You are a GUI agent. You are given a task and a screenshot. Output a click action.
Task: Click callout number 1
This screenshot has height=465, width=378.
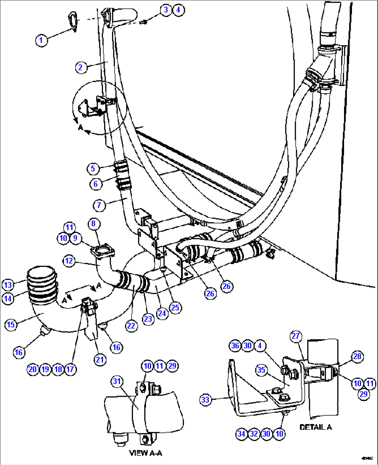(x=41, y=40)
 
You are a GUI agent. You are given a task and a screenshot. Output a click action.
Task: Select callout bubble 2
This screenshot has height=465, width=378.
(x=81, y=67)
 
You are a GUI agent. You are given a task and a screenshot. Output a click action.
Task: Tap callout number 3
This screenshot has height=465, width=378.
(x=166, y=10)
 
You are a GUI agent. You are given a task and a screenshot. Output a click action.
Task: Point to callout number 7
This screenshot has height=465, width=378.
(x=99, y=205)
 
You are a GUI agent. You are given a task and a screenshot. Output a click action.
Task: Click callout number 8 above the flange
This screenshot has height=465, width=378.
(x=94, y=223)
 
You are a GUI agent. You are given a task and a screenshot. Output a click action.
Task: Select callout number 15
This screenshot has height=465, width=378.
(x=11, y=324)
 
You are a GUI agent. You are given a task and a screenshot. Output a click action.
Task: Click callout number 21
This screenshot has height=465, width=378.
(x=100, y=359)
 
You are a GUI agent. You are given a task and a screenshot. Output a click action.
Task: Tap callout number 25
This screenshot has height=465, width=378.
(x=175, y=307)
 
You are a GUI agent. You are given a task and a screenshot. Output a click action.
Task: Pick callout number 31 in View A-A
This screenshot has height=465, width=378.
(x=117, y=381)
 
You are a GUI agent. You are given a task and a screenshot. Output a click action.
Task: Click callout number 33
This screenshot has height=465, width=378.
(x=206, y=400)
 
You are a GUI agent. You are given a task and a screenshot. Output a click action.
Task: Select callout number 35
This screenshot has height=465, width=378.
(x=261, y=370)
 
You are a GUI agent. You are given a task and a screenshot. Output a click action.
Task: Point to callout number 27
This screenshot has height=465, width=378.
(x=295, y=336)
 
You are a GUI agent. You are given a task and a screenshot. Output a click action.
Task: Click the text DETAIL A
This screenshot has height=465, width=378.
(x=315, y=427)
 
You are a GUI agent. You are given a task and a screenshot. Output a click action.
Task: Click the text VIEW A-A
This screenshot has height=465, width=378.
(x=145, y=453)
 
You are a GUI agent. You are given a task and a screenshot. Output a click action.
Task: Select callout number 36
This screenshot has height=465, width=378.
(x=235, y=345)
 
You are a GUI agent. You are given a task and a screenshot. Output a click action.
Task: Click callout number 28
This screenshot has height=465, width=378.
(x=357, y=356)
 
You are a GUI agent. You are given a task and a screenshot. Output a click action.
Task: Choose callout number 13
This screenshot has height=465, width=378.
(x=8, y=285)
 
